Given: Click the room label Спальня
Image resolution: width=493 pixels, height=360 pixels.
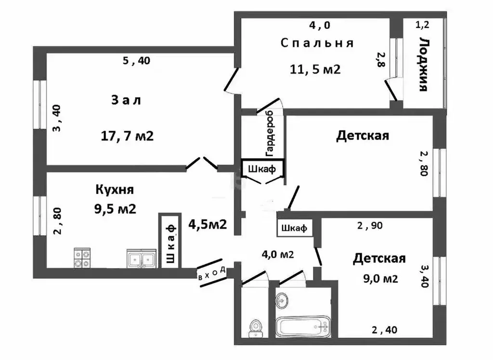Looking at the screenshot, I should click(317, 43).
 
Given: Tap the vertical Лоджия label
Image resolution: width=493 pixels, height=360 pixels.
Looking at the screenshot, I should click(423, 64).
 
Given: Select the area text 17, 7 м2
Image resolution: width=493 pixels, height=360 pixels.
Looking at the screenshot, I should click(127, 136).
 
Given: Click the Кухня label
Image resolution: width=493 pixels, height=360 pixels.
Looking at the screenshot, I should click(115, 189).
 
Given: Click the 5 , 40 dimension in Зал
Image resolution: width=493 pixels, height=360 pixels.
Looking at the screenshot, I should click(136, 61).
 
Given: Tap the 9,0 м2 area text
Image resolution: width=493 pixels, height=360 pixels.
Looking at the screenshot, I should click(382, 278).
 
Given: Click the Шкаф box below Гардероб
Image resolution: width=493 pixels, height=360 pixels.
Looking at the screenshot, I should click(262, 168).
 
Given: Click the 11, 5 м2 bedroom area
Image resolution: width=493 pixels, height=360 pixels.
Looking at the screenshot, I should click(315, 69).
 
